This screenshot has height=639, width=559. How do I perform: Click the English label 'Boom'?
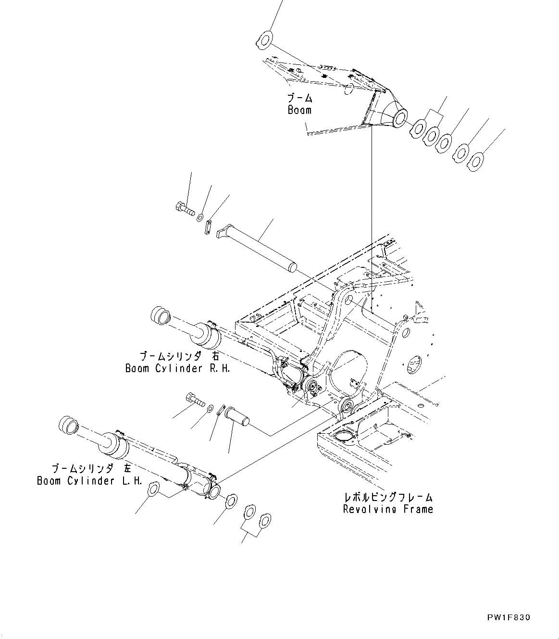(299, 110)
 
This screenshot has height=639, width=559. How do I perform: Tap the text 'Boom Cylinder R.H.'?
(178, 368)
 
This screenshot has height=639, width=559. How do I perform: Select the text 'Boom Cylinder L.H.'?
(89, 481)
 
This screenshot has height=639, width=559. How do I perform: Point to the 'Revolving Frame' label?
(388, 509)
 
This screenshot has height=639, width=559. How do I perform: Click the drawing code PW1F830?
(508, 617)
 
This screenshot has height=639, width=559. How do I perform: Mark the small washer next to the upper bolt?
(200, 218)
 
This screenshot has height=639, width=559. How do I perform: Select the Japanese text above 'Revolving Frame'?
(388, 497)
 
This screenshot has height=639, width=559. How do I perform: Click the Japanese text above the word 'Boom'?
(300, 99)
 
